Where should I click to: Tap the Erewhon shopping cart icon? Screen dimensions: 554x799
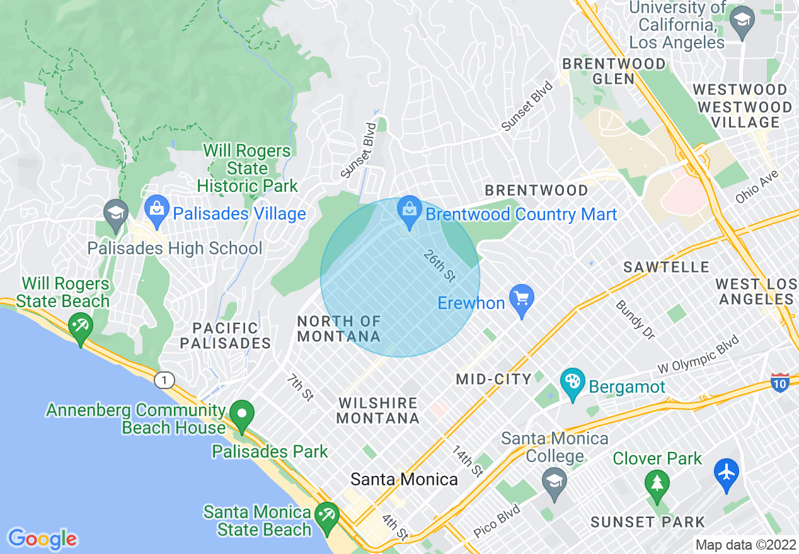click(x=522, y=297)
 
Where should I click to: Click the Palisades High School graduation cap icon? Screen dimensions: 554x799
click(x=116, y=212)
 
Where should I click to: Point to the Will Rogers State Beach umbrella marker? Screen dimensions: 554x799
click(x=81, y=326)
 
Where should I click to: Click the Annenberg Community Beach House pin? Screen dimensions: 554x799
click(x=241, y=415)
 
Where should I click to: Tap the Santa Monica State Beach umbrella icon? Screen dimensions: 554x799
click(x=326, y=516)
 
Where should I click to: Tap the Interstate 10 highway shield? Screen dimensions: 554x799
click(x=780, y=382)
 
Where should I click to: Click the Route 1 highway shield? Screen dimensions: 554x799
click(x=164, y=380)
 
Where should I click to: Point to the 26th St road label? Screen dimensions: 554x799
click(x=439, y=265)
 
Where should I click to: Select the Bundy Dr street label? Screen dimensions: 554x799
click(x=635, y=319)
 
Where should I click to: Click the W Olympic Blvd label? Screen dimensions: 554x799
click(x=698, y=358)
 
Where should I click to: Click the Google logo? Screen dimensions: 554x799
click(x=42, y=538)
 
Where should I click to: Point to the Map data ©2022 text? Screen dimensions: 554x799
click(x=745, y=545)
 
